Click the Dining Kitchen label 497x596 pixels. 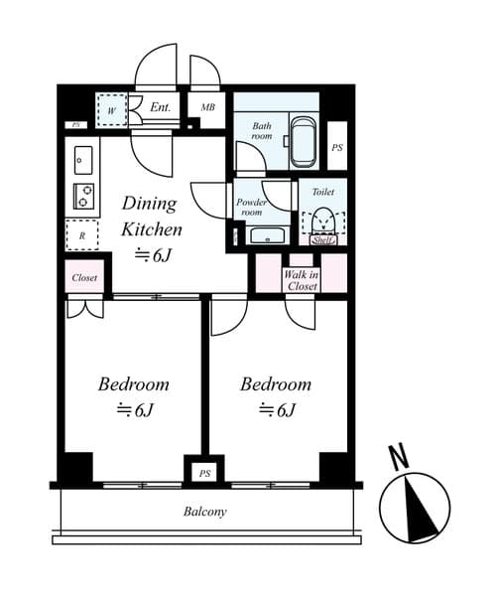151,217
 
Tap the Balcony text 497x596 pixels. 205,513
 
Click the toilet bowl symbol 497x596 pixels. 322,221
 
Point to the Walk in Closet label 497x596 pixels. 302,279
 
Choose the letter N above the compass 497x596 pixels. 399,457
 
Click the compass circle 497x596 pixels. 415,508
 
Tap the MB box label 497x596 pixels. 208,107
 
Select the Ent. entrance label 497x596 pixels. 161,107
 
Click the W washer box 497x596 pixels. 112,110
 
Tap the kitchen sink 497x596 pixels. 83,159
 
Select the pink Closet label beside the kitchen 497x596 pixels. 84,278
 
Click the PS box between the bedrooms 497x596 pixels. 204,473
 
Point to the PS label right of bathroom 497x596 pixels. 337,147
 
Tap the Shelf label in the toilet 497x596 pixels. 322,239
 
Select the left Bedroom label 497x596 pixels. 133,384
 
